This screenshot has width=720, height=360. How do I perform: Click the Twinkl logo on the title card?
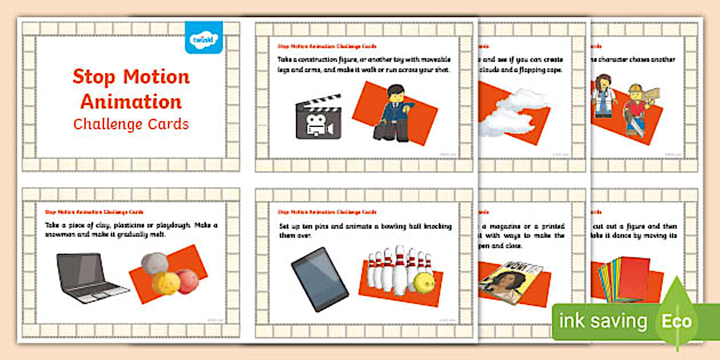pyautogui.click(x=203, y=38)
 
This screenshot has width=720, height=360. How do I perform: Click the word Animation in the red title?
pyautogui.click(x=131, y=102)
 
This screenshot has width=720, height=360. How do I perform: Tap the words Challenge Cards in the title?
pyautogui.click(x=131, y=124)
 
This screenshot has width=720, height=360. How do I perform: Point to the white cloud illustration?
pyautogui.click(x=510, y=114)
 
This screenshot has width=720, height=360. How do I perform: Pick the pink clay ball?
pyautogui.click(x=187, y=281)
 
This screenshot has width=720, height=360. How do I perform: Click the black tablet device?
pyautogui.click(x=320, y=279)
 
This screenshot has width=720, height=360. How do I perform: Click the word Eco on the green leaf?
pyautogui.click(x=677, y=322)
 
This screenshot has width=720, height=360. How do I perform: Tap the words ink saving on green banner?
pyautogui.click(x=603, y=322)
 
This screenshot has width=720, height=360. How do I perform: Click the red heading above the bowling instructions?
pyautogui.click(x=327, y=211)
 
